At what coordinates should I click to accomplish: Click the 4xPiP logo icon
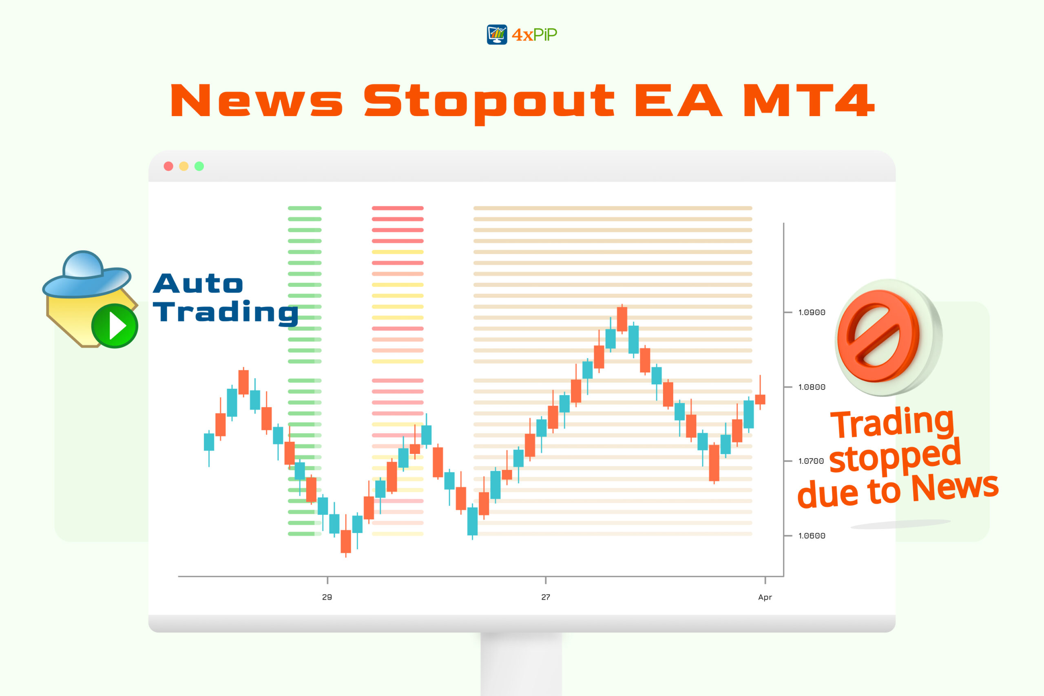[497, 35]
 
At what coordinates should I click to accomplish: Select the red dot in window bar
[168, 166]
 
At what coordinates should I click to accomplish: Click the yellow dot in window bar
[184, 166]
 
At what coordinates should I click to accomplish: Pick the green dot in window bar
[199, 166]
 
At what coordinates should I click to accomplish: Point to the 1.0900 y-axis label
[812, 313]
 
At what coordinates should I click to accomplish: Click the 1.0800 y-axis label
[812, 387]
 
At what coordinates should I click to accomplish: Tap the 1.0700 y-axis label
[811, 461]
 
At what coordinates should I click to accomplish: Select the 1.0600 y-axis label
[812, 536]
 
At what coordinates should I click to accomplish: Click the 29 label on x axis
[327, 597]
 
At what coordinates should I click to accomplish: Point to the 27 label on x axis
[546, 597]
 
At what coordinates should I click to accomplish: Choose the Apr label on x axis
[765, 597]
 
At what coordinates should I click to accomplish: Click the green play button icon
[115, 326]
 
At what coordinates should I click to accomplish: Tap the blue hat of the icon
[86, 275]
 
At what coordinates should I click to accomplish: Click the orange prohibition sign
[878, 336]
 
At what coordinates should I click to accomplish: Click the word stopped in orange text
[895, 456]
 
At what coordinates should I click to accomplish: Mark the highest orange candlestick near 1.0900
[622, 319]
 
